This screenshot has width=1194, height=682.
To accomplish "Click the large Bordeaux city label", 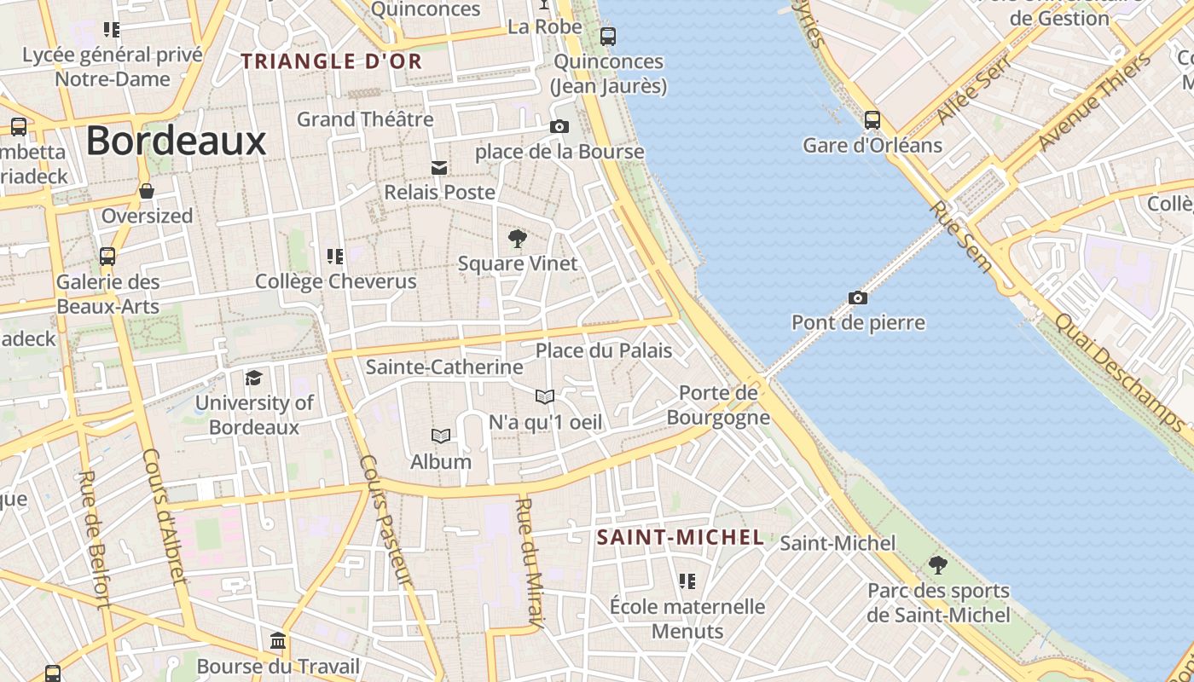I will [x=176, y=141].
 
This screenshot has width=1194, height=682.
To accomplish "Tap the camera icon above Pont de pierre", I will [x=858, y=298].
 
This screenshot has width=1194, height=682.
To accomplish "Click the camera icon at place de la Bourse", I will [x=559, y=126].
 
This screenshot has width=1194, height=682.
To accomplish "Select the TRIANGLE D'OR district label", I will [x=332, y=61].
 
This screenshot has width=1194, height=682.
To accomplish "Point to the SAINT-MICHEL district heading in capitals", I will [x=680, y=537].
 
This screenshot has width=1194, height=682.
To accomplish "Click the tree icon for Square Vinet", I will [x=517, y=238].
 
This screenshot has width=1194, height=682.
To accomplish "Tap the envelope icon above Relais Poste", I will [x=439, y=168].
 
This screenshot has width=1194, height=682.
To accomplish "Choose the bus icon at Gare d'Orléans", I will [x=872, y=119].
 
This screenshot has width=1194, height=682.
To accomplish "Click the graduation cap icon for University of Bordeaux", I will [x=253, y=378].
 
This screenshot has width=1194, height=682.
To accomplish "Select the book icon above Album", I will [x=441, y=436].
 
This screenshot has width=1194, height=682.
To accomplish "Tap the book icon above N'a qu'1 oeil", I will [x=545, y=396].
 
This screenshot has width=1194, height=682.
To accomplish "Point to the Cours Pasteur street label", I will [x=385, y=521].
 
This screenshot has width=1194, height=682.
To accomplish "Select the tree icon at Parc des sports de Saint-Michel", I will [x=937, y=564].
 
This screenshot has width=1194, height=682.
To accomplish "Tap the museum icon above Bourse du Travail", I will [x=278, y=640].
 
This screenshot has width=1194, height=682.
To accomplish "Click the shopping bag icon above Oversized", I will [x=147, y=190].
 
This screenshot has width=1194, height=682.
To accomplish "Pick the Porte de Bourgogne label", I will [x=718, y=405].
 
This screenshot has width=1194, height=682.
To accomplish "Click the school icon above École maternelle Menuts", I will [x=687, y=581].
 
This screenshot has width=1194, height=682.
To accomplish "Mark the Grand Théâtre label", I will [x=365, y=119].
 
